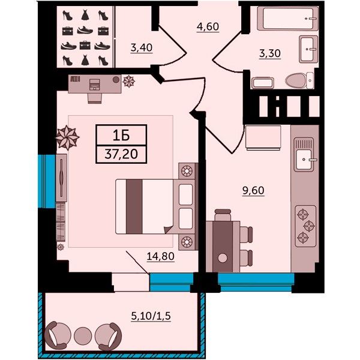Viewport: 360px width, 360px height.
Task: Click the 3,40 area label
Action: click(x=142, y=48)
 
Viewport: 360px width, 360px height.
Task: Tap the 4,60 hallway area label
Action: click(x=208, y=26)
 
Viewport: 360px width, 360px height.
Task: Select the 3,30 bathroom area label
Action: click(x=270, y=53)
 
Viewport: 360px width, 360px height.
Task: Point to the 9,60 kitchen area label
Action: click(x=253, y=190)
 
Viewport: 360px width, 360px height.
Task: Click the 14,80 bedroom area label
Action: click(x=160, y=256)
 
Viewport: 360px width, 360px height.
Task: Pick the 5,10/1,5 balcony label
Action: click(x=151, y=316)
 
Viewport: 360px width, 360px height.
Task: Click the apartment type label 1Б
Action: click(x=121, y=136)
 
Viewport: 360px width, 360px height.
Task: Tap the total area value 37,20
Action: click(x=121, y=154)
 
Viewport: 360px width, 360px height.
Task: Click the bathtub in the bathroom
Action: click(x=287, y=19)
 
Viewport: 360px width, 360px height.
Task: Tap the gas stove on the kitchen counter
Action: click(x=305, y=226)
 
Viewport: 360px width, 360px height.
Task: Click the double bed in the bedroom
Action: click(x=155, y=206)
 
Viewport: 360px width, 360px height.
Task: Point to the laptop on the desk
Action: click(x=94, y=84)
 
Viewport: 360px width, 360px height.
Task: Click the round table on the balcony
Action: click(x=83, y=335)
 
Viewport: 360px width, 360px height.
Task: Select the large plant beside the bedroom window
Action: click(x=67, y=138)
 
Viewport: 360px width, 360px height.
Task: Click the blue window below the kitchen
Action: click(x=256, y=282)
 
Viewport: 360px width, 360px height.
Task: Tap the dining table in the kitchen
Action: click(x=223, y=247)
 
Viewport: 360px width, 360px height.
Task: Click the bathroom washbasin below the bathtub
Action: click(x=308, y=49)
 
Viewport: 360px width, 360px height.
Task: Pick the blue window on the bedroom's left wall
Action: click(x=47, y=181)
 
